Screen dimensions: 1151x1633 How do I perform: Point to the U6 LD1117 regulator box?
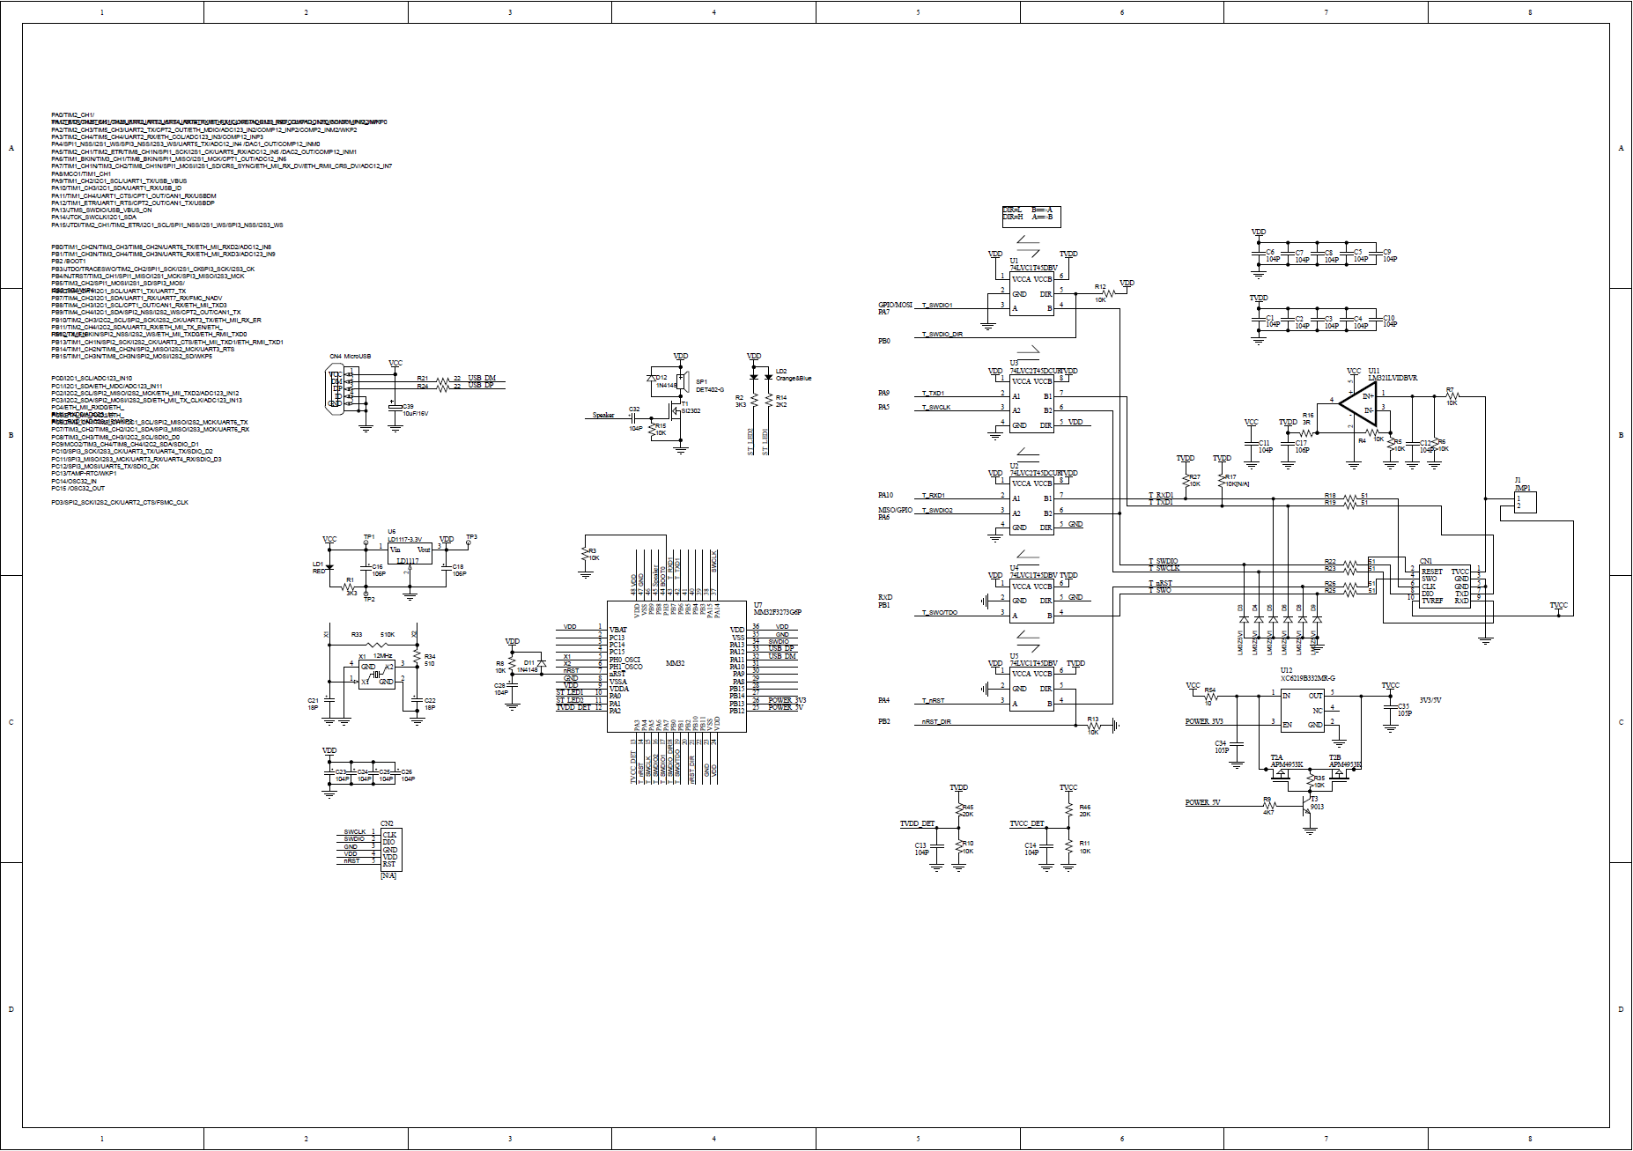coord(410,554)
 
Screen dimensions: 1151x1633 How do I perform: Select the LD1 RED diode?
coord(329,565)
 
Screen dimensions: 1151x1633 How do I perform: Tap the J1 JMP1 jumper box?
coord(1525,502)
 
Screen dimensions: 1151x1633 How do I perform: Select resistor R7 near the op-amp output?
coord(1451,396)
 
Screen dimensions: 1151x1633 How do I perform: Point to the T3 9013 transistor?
coord(1307,805)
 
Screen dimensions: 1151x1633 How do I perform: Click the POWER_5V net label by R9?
coord(1202,803)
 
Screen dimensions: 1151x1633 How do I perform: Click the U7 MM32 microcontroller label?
coord(675,663)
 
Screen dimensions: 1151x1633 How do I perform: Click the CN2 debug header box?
coord(388,849)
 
